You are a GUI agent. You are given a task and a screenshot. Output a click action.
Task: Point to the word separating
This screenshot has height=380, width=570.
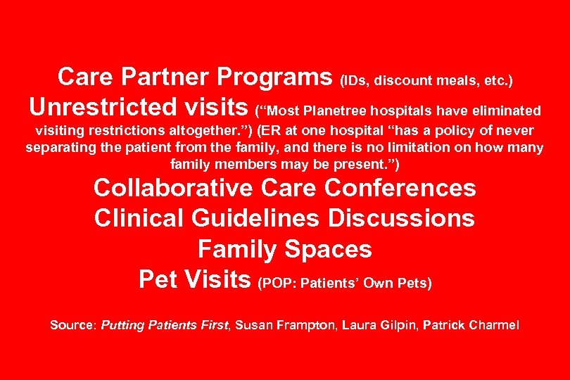coord(60,148)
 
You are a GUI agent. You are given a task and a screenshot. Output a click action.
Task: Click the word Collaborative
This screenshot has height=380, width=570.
coord(172,189)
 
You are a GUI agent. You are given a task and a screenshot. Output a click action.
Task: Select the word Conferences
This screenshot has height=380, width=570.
coord(402,189)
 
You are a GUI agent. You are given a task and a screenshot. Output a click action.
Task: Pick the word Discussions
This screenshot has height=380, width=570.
coord(401,218)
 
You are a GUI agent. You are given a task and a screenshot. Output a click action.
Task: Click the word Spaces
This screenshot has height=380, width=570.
coord(328,249)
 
